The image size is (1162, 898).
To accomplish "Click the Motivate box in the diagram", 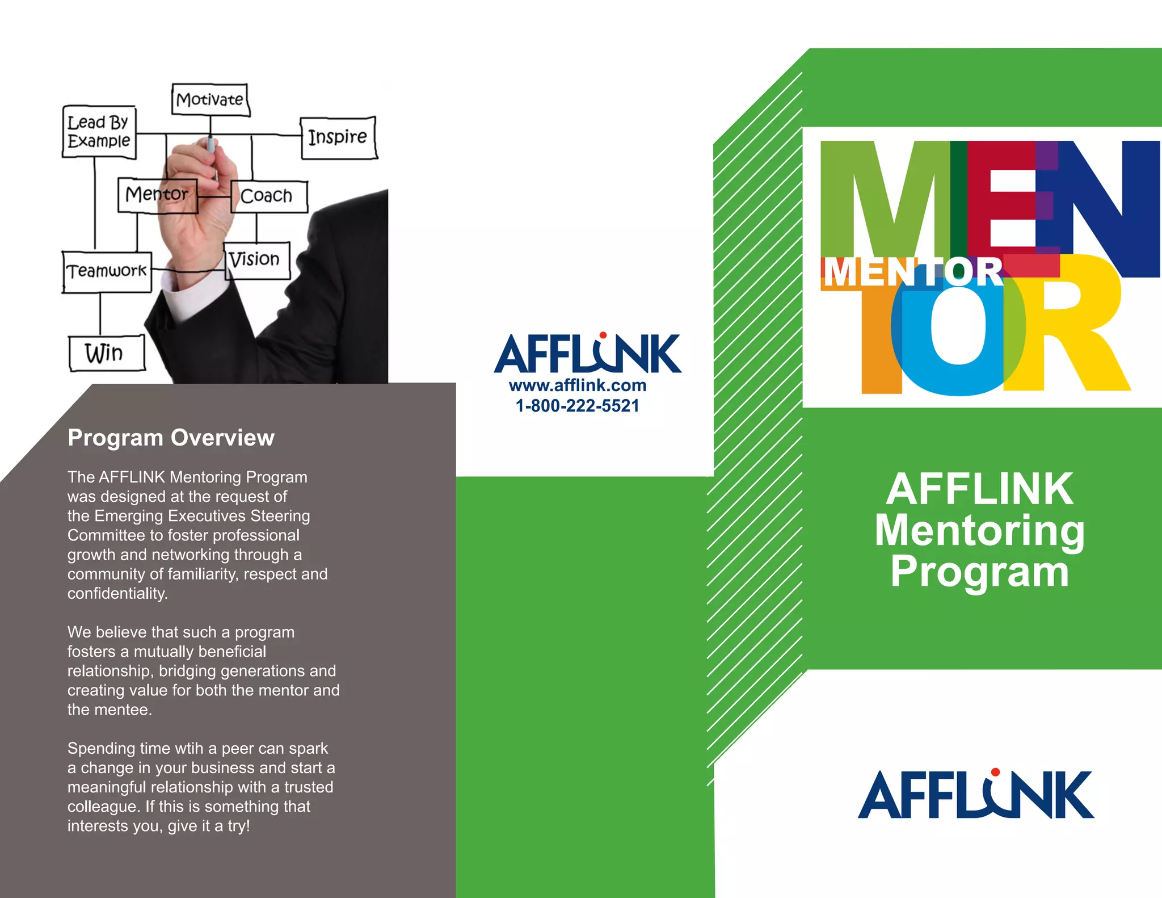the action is [210, 100].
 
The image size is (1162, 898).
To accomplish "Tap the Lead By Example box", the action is [99, 131].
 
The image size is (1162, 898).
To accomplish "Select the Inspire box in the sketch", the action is [338, 137].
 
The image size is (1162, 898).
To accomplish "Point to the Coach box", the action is [268, 196].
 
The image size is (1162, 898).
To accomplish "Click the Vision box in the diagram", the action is [256, 260].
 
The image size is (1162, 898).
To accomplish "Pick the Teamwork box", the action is [107, 271].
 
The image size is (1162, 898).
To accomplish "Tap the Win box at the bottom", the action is [106, 353].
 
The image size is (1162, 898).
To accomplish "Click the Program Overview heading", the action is [171, 438].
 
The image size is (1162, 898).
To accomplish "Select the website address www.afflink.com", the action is [578, 385].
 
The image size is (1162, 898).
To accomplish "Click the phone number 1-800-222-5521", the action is [578, 406].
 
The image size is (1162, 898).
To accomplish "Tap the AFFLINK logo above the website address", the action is [588, 353].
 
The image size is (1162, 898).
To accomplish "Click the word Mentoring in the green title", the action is [979, 530].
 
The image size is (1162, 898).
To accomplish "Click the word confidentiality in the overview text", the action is [117, 594].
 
